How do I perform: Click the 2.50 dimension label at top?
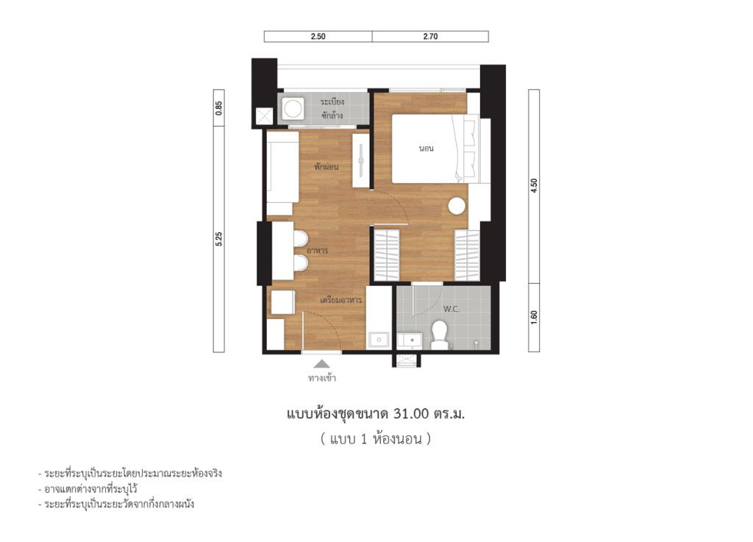coord(318,37)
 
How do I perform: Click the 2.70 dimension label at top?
coord(430,37)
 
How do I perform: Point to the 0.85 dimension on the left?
coord(218,108)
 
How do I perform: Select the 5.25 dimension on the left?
coord(218,239)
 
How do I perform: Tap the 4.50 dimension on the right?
coord(534,186)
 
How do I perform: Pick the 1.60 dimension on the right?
coord(534,317)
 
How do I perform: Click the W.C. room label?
coord(452,310)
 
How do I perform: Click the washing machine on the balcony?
coord(293,110)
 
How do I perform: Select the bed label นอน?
coord(426,149)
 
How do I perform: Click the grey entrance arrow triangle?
coord(322,364)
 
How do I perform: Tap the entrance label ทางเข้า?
coord(322,379)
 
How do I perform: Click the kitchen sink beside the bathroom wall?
coord(379,340)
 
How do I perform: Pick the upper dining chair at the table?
coord(300,240)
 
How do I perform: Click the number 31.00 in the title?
coord(410,415)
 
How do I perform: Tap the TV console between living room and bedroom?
coord(361,160)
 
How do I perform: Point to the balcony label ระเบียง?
coord(333,101)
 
